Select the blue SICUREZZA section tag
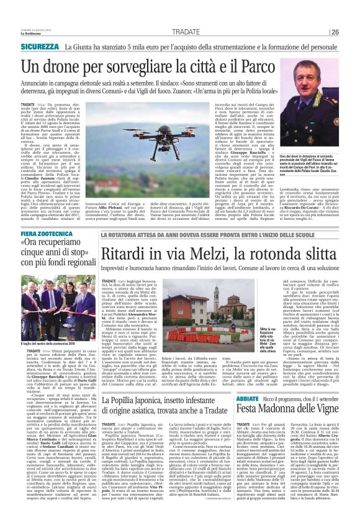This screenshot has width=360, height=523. [x=40, y=47]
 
